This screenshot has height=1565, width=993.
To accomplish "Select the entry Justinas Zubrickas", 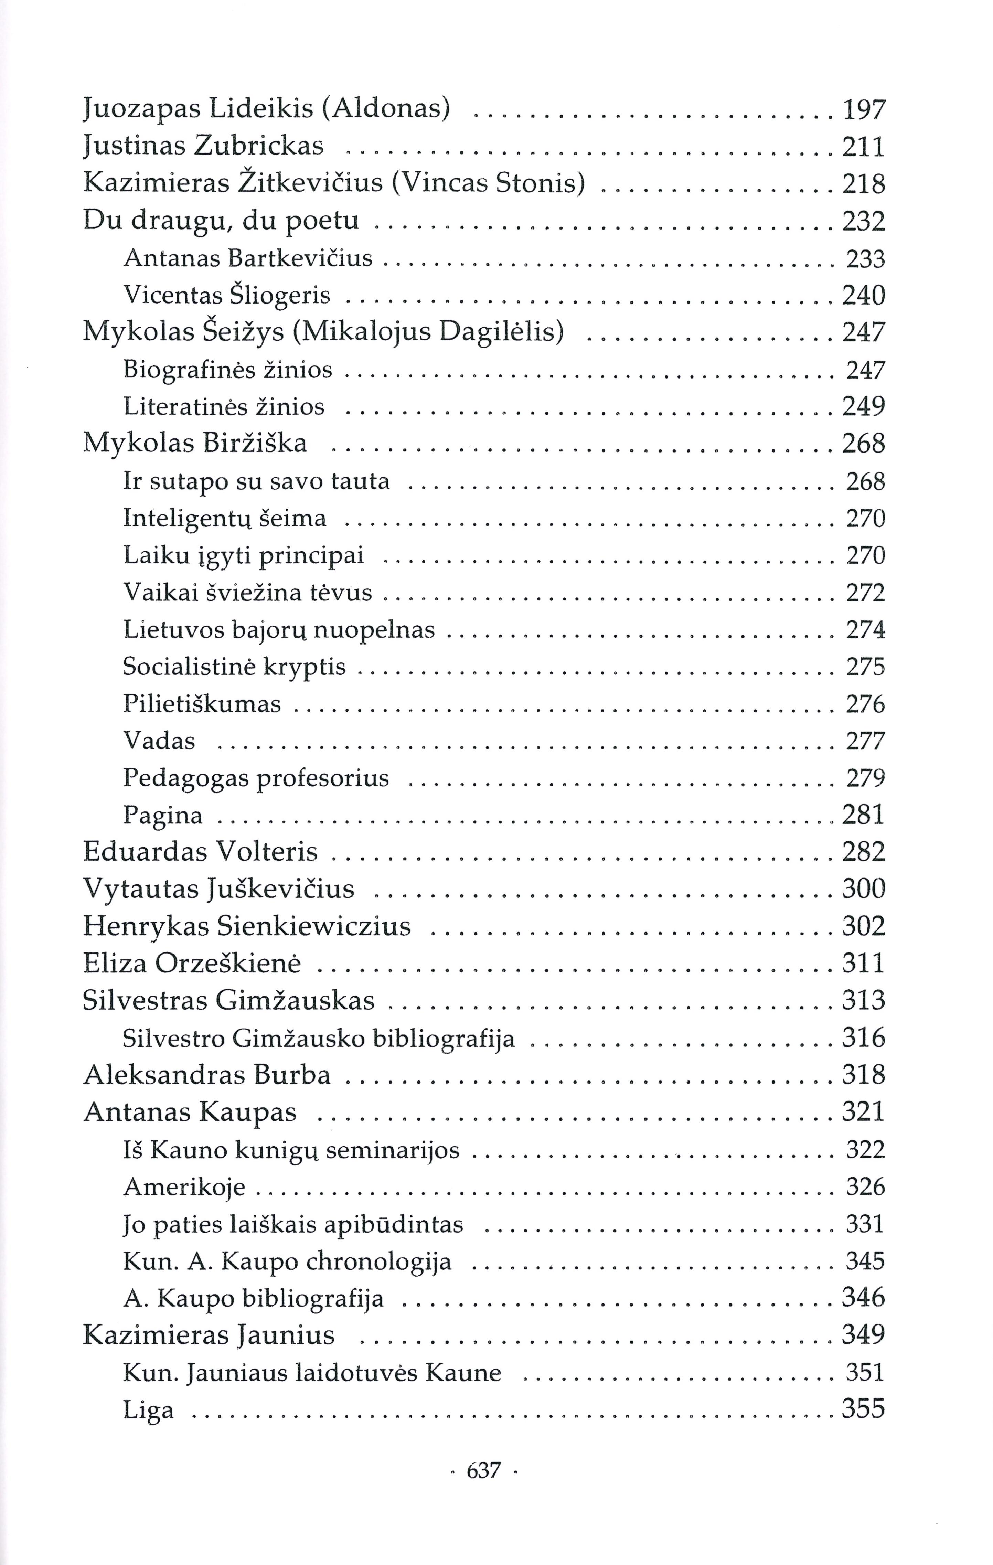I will pyautogui.click(x=203, y=147).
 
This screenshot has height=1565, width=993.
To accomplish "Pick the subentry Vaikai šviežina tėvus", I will pyautogui.click(x=248, y=592).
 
